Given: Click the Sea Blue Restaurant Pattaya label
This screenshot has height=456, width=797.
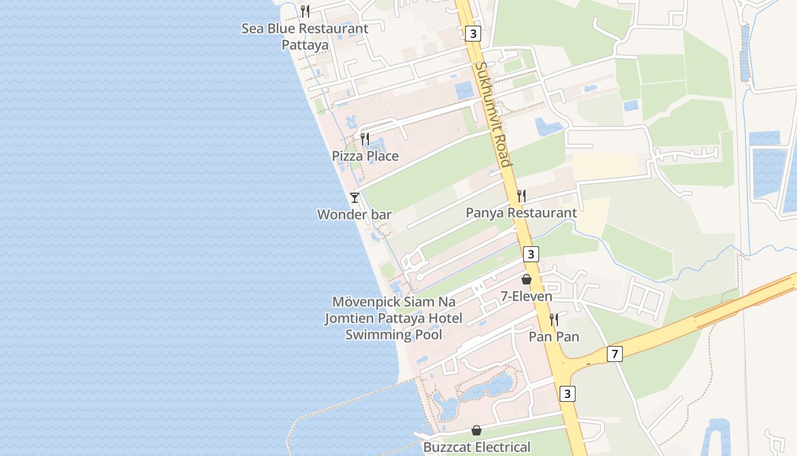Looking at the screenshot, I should [305, 36].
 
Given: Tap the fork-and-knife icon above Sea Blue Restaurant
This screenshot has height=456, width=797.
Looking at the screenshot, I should [305, 11].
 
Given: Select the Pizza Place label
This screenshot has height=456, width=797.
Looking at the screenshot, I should [365, 156].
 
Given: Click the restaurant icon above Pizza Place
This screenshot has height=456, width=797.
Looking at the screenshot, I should [365, 139].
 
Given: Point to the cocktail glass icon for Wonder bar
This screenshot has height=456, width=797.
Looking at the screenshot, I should [354, 198].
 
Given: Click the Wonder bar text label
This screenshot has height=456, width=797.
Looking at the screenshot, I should [354, 215].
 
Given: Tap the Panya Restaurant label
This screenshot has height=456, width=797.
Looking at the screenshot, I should [521, 213].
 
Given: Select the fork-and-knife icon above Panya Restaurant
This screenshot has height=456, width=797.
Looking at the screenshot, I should [521, 196].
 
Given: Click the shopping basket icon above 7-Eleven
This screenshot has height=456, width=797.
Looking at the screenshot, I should [527, 279].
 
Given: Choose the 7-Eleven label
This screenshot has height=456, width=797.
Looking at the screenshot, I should [527, 296].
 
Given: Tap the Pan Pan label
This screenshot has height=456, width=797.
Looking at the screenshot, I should [554, 337].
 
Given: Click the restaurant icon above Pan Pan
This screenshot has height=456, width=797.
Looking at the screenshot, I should [554, 320].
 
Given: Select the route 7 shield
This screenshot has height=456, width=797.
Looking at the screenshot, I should [614, 354].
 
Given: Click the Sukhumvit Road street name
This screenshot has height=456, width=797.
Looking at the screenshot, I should [492, 114].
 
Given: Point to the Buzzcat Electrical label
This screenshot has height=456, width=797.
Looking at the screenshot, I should [476, 447].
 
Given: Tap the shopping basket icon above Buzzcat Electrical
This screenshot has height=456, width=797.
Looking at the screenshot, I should [476, 430].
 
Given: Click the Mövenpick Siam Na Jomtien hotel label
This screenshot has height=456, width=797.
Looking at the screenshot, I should [393, 318].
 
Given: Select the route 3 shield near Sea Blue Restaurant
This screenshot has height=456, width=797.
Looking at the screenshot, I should [473, 34].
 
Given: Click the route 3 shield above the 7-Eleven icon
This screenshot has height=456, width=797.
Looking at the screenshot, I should [531, 254].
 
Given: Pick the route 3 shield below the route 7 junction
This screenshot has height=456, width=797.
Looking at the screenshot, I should [567, 393].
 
